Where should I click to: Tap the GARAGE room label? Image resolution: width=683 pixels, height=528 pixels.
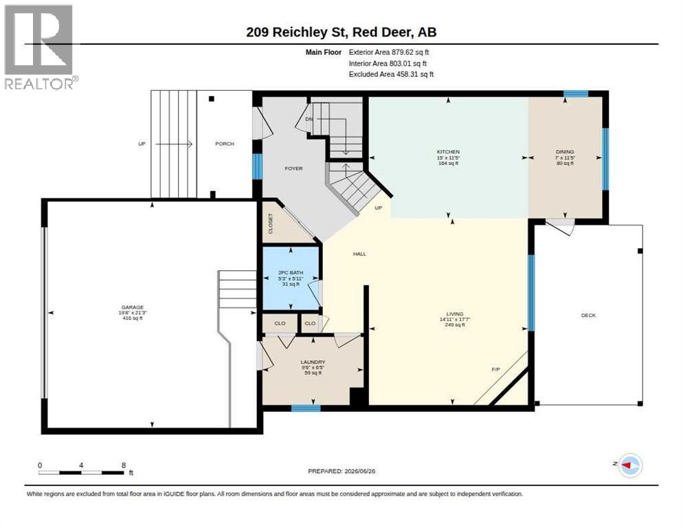coord(133,307)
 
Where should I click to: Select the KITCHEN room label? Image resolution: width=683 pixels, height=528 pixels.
coord(448,152)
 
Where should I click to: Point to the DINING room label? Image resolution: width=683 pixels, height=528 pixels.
coord(565,152)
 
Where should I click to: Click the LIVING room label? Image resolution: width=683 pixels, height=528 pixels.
coord(455,314)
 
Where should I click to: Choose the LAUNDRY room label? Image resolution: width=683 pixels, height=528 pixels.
coord(313,362)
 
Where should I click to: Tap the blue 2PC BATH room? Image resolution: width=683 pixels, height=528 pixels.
coord(291,279)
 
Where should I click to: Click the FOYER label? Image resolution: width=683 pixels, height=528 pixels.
coord(293,168)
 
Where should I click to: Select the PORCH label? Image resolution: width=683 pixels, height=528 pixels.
coord(225,144)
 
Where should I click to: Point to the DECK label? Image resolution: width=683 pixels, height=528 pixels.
coord(588,316)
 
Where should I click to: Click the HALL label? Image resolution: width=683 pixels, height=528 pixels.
coord(359,254)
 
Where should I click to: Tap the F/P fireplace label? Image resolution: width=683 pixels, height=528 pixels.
coord(495,369)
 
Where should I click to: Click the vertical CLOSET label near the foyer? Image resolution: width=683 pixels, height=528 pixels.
coord(271,223)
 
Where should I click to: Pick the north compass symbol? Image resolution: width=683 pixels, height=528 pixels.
coord(627,465)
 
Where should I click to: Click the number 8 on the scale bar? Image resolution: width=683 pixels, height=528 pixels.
coord(124,465)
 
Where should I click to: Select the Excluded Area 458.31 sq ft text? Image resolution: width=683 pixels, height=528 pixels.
coord(391,74)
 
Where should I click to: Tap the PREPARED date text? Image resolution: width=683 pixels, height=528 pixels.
coord(341,472)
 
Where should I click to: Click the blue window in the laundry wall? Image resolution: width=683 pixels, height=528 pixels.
coord(306,408)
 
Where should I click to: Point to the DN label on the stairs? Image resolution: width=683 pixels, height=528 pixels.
coord(309,119)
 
